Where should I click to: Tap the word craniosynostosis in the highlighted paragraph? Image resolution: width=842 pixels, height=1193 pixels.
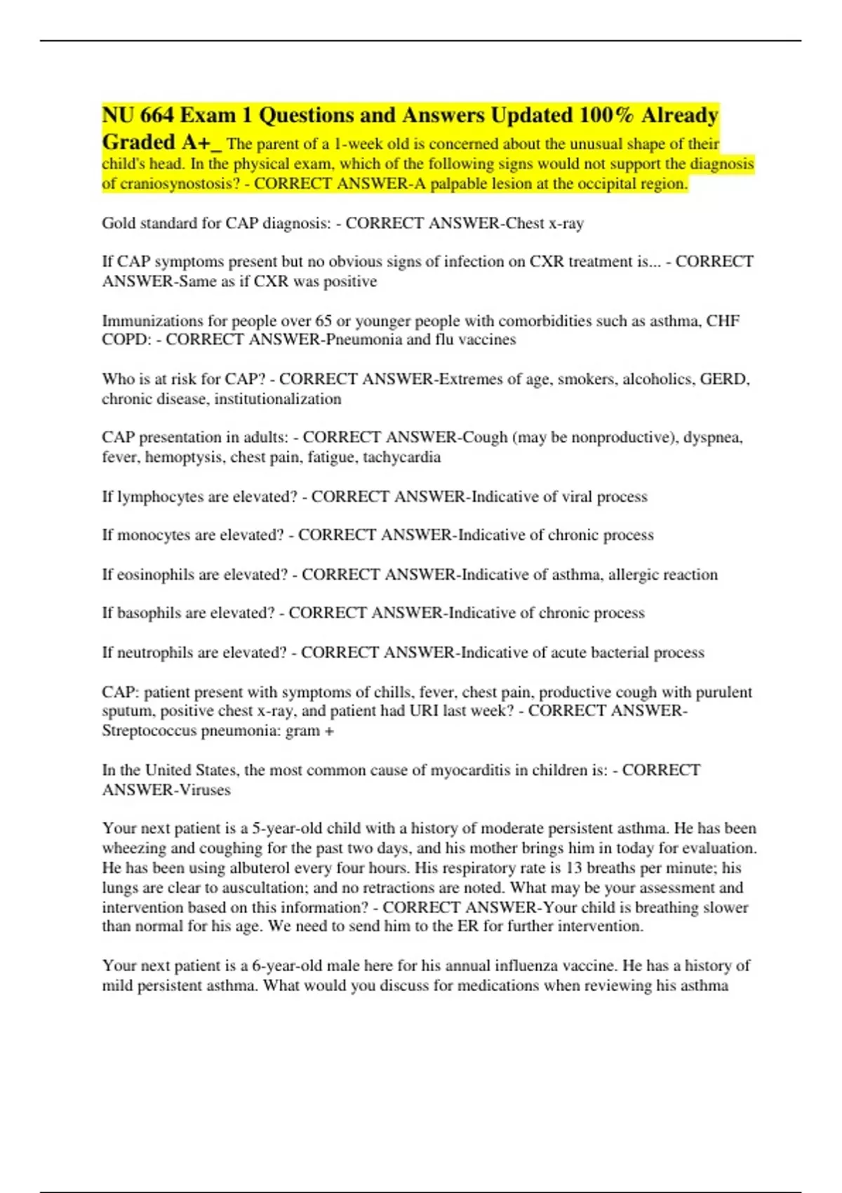(x=180, y=184)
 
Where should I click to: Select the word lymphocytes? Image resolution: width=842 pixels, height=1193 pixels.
(x=161, y=497)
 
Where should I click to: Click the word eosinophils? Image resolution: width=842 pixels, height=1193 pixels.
(x=156, y=575)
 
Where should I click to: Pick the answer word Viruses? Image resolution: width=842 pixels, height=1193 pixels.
(x=205, y=790)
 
